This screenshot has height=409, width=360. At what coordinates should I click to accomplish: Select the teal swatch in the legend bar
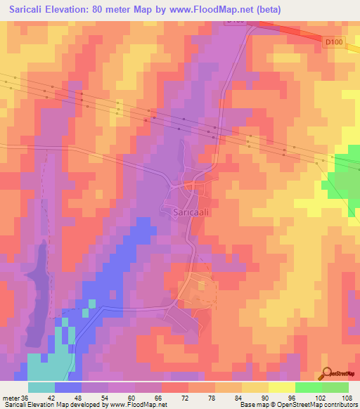click(41, 387)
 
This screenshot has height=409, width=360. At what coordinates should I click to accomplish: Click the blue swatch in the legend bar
click(68, 387)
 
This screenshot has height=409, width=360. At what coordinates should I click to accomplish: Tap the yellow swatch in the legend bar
click(282, 387)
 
